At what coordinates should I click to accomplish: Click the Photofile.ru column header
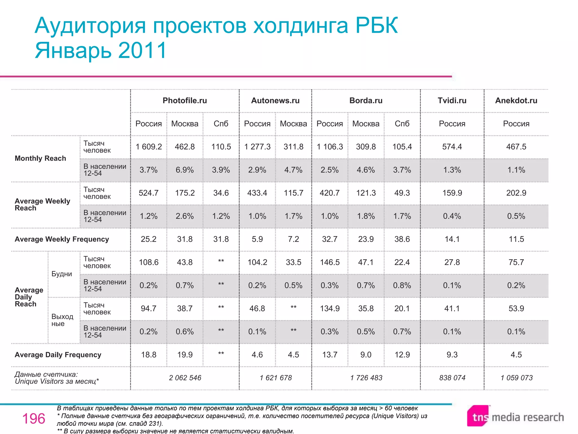click(x=185, y=101)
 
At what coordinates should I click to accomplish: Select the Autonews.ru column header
click(x=275, y=101)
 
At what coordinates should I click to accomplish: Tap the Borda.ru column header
click(x=366, y=101)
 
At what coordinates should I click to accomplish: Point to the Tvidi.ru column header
click(x=452, y=101)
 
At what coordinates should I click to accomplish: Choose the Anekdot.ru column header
click(x=516, y=101)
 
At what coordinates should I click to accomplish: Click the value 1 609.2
click(x=149, y=147)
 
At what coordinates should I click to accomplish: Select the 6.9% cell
click(x=185, y=170)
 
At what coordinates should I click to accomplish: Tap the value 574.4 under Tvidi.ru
click(x=452, y=147)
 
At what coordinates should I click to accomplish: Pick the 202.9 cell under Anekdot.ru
click(x=516, y=193)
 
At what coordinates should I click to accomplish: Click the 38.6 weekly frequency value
click(x=402, y=239)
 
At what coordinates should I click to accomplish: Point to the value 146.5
click(x=330, y=262)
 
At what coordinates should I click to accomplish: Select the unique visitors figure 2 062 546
click(x=185, y=378)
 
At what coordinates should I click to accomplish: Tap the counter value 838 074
click(x=452, y=378)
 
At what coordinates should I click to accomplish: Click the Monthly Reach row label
click(x=40, y=158)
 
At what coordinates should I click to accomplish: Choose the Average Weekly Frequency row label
click(x=62, y=239)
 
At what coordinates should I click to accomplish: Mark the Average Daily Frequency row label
click(x=58, y=355)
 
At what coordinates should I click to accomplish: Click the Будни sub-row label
click(x=62, y=274)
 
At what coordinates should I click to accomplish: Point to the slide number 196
click(x=34, y=418)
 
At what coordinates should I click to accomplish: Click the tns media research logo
click(x=515, y=416)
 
